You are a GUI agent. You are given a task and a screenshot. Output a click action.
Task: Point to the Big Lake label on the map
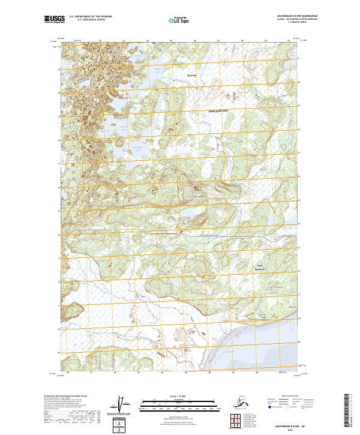(191, 76)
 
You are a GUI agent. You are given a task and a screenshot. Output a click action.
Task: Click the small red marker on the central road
(180, 229)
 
